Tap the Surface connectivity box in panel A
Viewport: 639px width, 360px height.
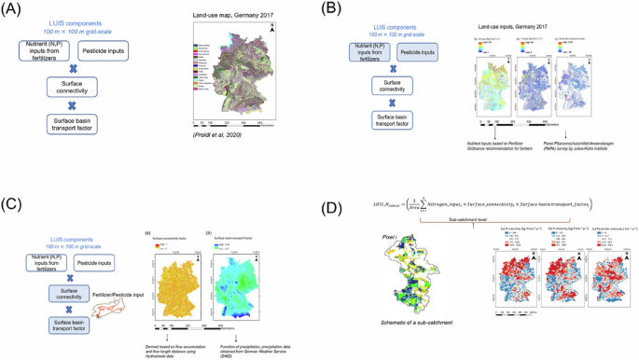pyautogui.click(x=85, y=90)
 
